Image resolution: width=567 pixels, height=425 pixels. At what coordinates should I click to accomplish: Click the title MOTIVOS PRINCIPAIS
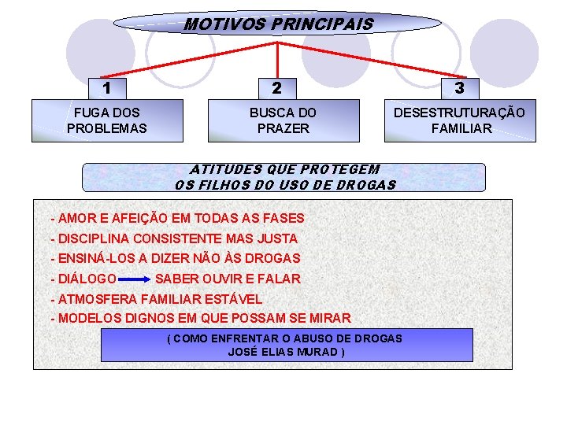278,24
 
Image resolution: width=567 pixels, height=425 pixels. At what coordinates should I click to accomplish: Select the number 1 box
106,87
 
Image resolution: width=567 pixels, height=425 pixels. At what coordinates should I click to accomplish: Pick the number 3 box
459,87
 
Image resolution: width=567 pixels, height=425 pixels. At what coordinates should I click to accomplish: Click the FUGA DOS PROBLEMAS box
107,120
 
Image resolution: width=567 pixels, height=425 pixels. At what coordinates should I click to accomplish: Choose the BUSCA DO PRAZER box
283,120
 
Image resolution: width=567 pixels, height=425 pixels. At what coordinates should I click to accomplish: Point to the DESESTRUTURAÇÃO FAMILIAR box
460,120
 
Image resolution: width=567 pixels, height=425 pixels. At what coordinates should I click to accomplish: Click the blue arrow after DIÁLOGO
136,279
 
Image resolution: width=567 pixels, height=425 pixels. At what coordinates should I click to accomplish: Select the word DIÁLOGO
87,279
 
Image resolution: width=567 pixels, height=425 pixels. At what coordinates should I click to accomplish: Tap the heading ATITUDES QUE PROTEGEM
285,169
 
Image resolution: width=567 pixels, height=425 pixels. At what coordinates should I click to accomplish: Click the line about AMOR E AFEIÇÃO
177,218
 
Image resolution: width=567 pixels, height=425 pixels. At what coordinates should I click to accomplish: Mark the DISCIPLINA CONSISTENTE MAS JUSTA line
174,238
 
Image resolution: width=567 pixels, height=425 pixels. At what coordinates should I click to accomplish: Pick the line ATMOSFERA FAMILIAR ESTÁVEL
156,299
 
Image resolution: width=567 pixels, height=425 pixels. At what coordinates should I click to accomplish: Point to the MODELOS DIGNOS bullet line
200,319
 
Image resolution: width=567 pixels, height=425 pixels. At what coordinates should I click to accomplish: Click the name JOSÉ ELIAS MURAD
286,352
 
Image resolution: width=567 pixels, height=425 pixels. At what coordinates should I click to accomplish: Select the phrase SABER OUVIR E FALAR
228,279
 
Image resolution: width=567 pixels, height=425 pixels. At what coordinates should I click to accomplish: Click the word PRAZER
283,128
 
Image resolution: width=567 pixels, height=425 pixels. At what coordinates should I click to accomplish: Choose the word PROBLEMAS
107,128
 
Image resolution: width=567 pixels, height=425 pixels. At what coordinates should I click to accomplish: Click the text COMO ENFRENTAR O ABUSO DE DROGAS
287,338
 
